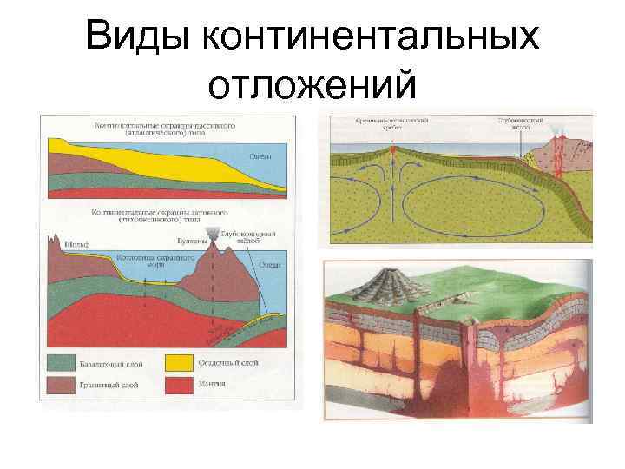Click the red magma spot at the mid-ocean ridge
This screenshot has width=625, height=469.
[396, 153]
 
